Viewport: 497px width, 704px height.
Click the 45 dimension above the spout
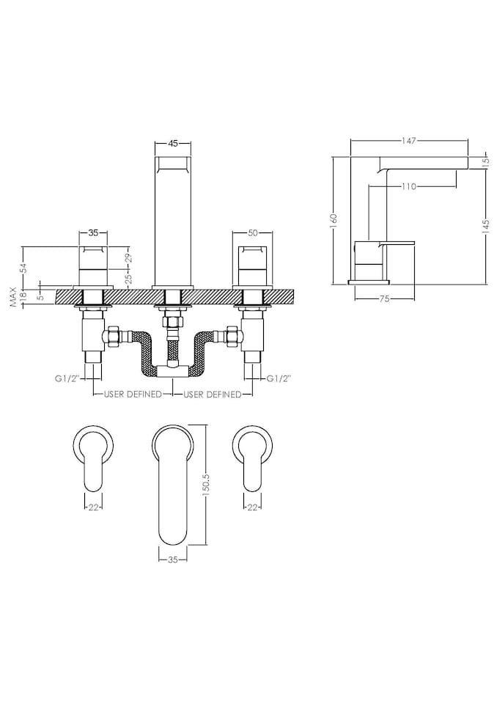(174, 144)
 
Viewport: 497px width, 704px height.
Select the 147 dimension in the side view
(409, 139)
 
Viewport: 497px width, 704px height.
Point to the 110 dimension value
(409, 186)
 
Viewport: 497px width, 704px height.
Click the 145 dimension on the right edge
(486, 227)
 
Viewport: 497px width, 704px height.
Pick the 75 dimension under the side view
(385, 298)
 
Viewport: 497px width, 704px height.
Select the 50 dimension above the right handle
(253, 233)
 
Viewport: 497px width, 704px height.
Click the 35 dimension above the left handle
(93, 233)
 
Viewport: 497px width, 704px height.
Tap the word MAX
(12, 297)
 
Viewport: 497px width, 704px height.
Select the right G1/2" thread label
(279, 379)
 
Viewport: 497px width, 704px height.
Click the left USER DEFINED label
(133, 395)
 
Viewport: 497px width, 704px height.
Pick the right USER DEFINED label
(213, 395)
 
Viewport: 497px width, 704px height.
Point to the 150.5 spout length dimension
(207, 485)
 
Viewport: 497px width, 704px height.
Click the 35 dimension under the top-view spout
(174, 560)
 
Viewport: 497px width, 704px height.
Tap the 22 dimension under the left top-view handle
(93, 507)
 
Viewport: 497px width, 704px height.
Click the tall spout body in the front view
(174, 220)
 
